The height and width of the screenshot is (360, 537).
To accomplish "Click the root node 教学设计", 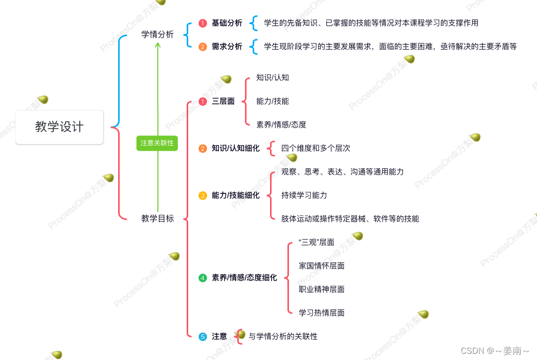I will click(59, 127).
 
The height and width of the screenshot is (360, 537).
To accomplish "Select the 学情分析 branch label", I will click(158, 35).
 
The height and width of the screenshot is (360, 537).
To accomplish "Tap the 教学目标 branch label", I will click(158, 219).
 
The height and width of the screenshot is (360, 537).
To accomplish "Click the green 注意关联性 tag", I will click(158, 143).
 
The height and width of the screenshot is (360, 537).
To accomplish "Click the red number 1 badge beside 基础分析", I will click(203, 24).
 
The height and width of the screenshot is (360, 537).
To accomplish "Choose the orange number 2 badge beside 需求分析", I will click(203, 47).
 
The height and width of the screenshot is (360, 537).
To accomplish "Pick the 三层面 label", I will click(223, 101).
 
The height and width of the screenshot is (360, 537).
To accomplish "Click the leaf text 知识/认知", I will click(273, 78).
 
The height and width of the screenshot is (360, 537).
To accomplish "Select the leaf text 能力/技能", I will click(273, 101).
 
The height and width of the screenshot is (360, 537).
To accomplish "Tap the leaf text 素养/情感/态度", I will click(281, 125).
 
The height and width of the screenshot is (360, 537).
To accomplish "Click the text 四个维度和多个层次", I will click(316, 148).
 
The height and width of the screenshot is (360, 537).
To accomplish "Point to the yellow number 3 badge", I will click(203, 195).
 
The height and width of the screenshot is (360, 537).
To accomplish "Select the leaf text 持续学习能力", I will click(304, 195).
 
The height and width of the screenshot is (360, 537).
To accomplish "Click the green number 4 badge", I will click(203, 278).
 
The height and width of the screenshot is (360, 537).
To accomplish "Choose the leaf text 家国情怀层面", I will click(321, 266).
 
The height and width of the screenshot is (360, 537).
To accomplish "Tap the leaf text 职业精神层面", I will click(321, 289).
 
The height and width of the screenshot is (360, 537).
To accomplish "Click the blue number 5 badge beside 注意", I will click(203, 336).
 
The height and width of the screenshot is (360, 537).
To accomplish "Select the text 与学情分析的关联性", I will click(283, 336).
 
